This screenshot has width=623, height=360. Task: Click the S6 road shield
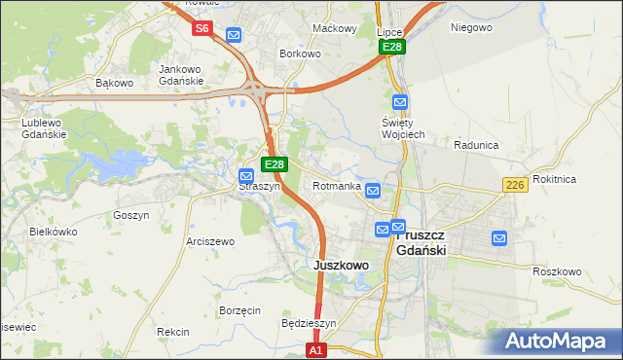202,28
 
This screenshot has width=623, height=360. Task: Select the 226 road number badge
515,185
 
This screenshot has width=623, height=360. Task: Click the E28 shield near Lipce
392,47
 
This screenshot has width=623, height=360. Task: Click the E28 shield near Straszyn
275,164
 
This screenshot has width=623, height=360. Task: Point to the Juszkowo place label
341,265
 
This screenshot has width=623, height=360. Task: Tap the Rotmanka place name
337,186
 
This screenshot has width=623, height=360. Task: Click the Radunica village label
476,145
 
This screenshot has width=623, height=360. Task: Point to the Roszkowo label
557,271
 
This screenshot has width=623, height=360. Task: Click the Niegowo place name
471,27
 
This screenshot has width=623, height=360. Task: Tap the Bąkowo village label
114,83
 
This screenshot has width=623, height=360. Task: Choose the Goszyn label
130,215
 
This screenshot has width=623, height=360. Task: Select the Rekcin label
173,332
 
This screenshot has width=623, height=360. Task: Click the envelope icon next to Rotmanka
373,191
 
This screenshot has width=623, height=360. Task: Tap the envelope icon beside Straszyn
247,176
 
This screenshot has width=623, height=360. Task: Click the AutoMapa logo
556,342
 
